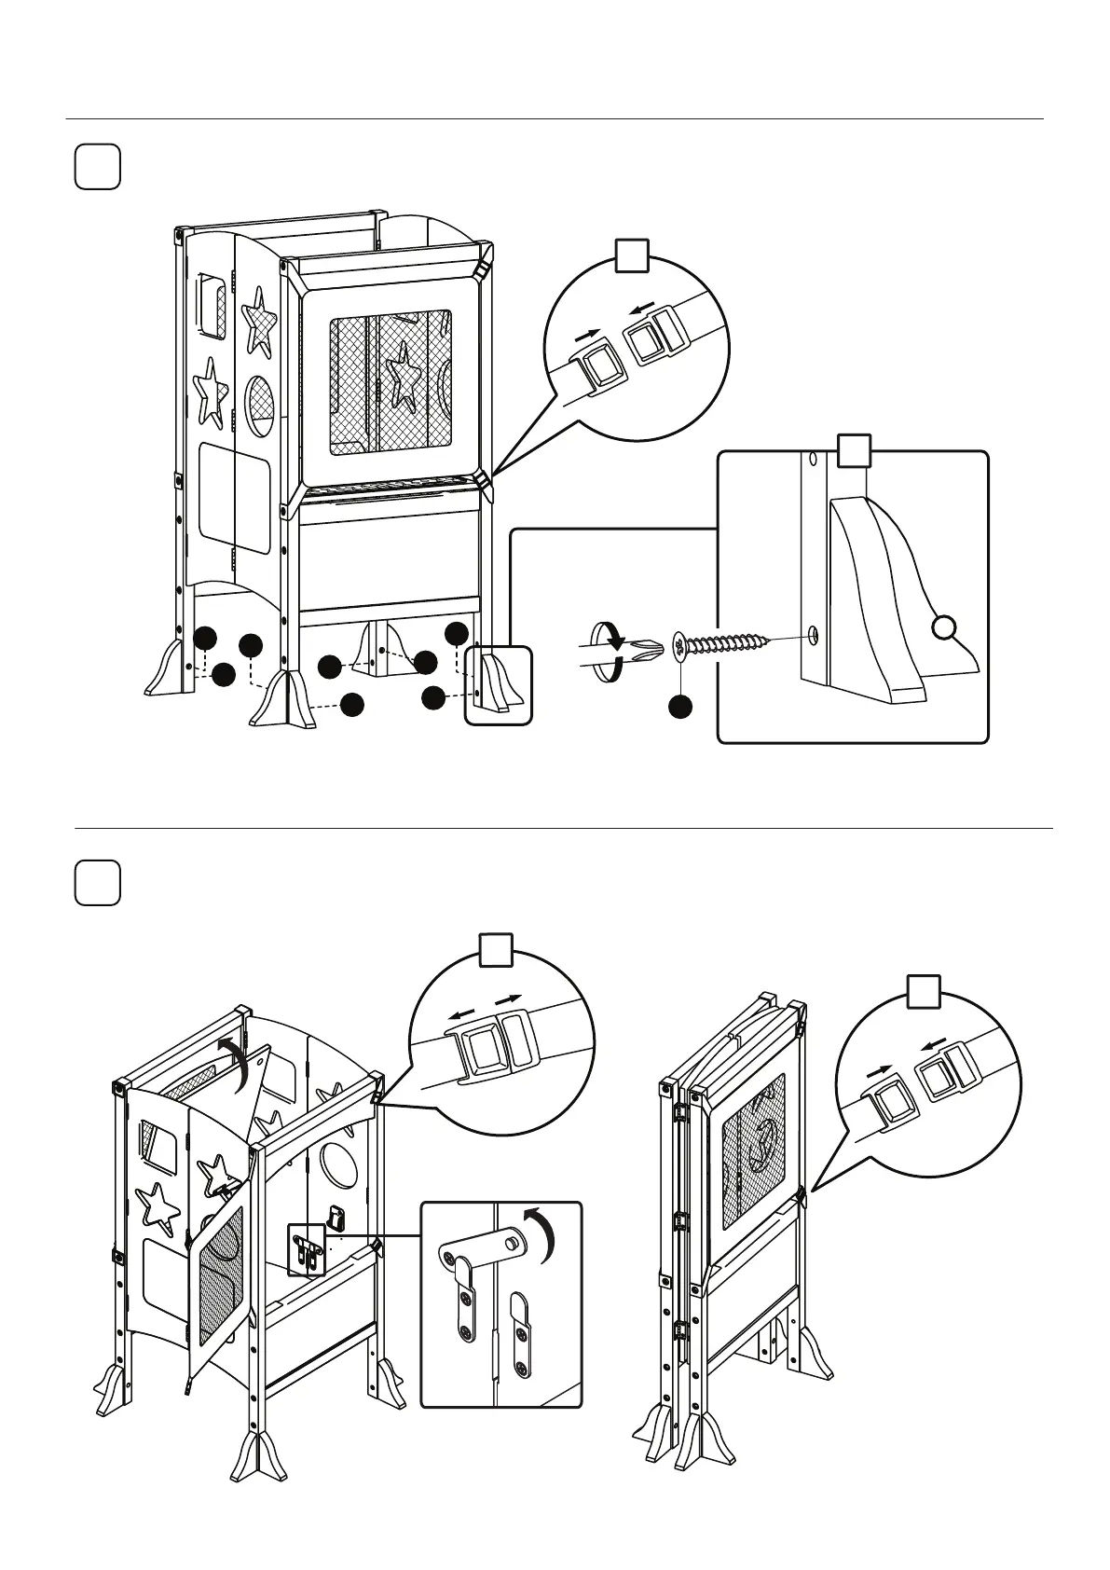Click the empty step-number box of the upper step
97,167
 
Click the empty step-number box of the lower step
97,882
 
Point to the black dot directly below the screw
681,708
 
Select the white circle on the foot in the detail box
945,628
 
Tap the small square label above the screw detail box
853,451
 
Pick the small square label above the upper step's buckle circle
632,254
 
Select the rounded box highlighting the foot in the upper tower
498,685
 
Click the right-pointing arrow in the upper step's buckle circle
584,333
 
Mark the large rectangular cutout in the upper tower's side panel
235,495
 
